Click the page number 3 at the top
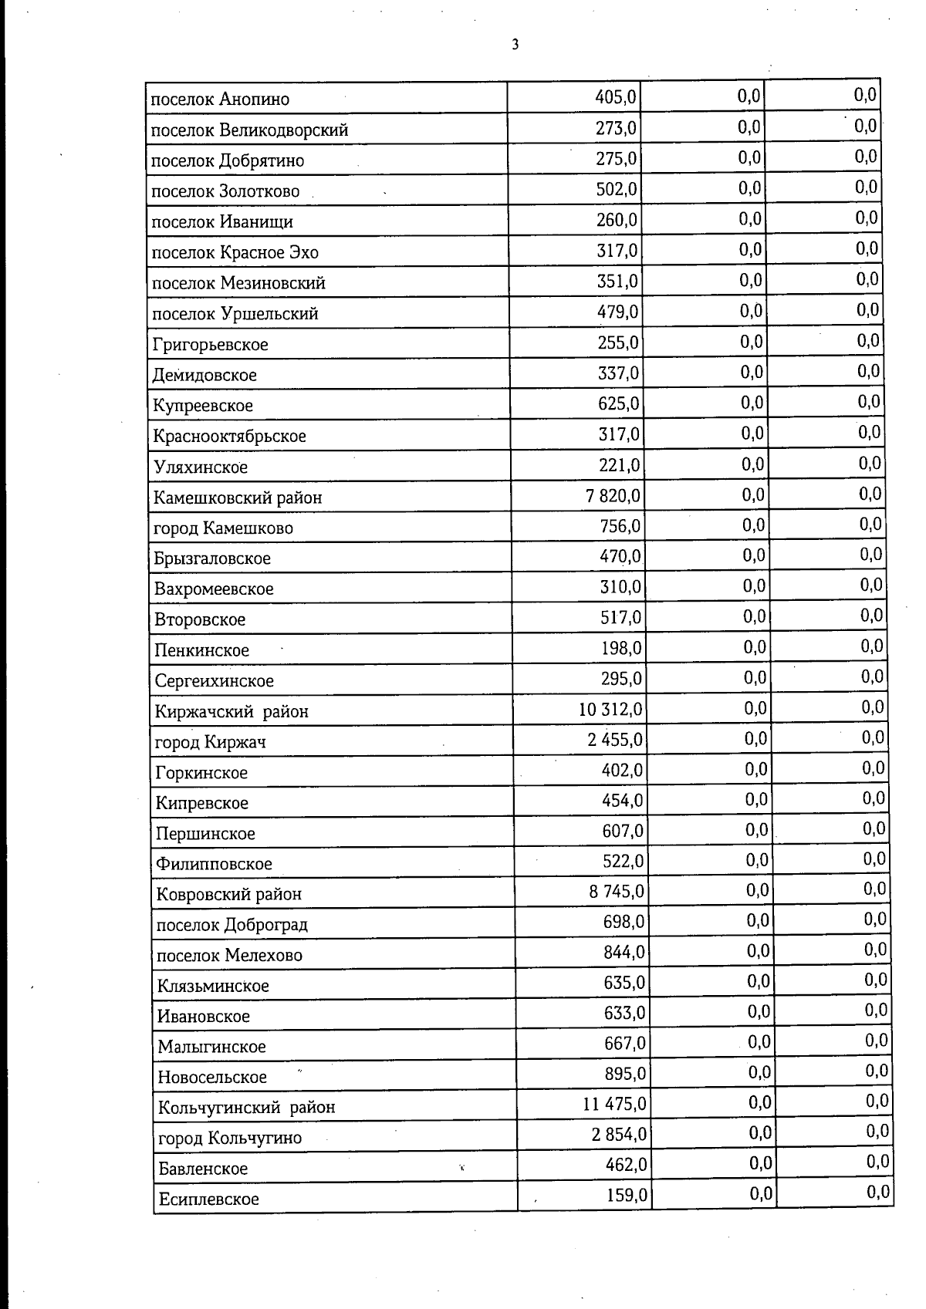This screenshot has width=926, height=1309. (515, 45)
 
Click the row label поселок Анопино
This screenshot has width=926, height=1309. (220, 100)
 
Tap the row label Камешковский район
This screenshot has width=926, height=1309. (238, 498)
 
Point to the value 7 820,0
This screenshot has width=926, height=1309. (613, 495)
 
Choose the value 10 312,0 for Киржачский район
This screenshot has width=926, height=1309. (610, 709)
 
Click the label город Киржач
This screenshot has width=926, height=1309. (211, 742)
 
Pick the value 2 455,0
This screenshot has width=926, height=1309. (614, 740)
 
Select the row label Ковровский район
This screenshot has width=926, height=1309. (229, 895)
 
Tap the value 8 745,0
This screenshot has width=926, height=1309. (617, 892)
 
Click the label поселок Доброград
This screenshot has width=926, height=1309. (232, 925)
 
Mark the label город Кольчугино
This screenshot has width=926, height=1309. (230, 1139)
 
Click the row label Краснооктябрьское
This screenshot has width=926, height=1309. (229, 437)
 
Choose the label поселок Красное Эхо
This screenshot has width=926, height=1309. (235, 253)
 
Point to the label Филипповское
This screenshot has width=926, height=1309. (214, 864)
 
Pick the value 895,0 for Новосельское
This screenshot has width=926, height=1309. (625, 1074)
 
